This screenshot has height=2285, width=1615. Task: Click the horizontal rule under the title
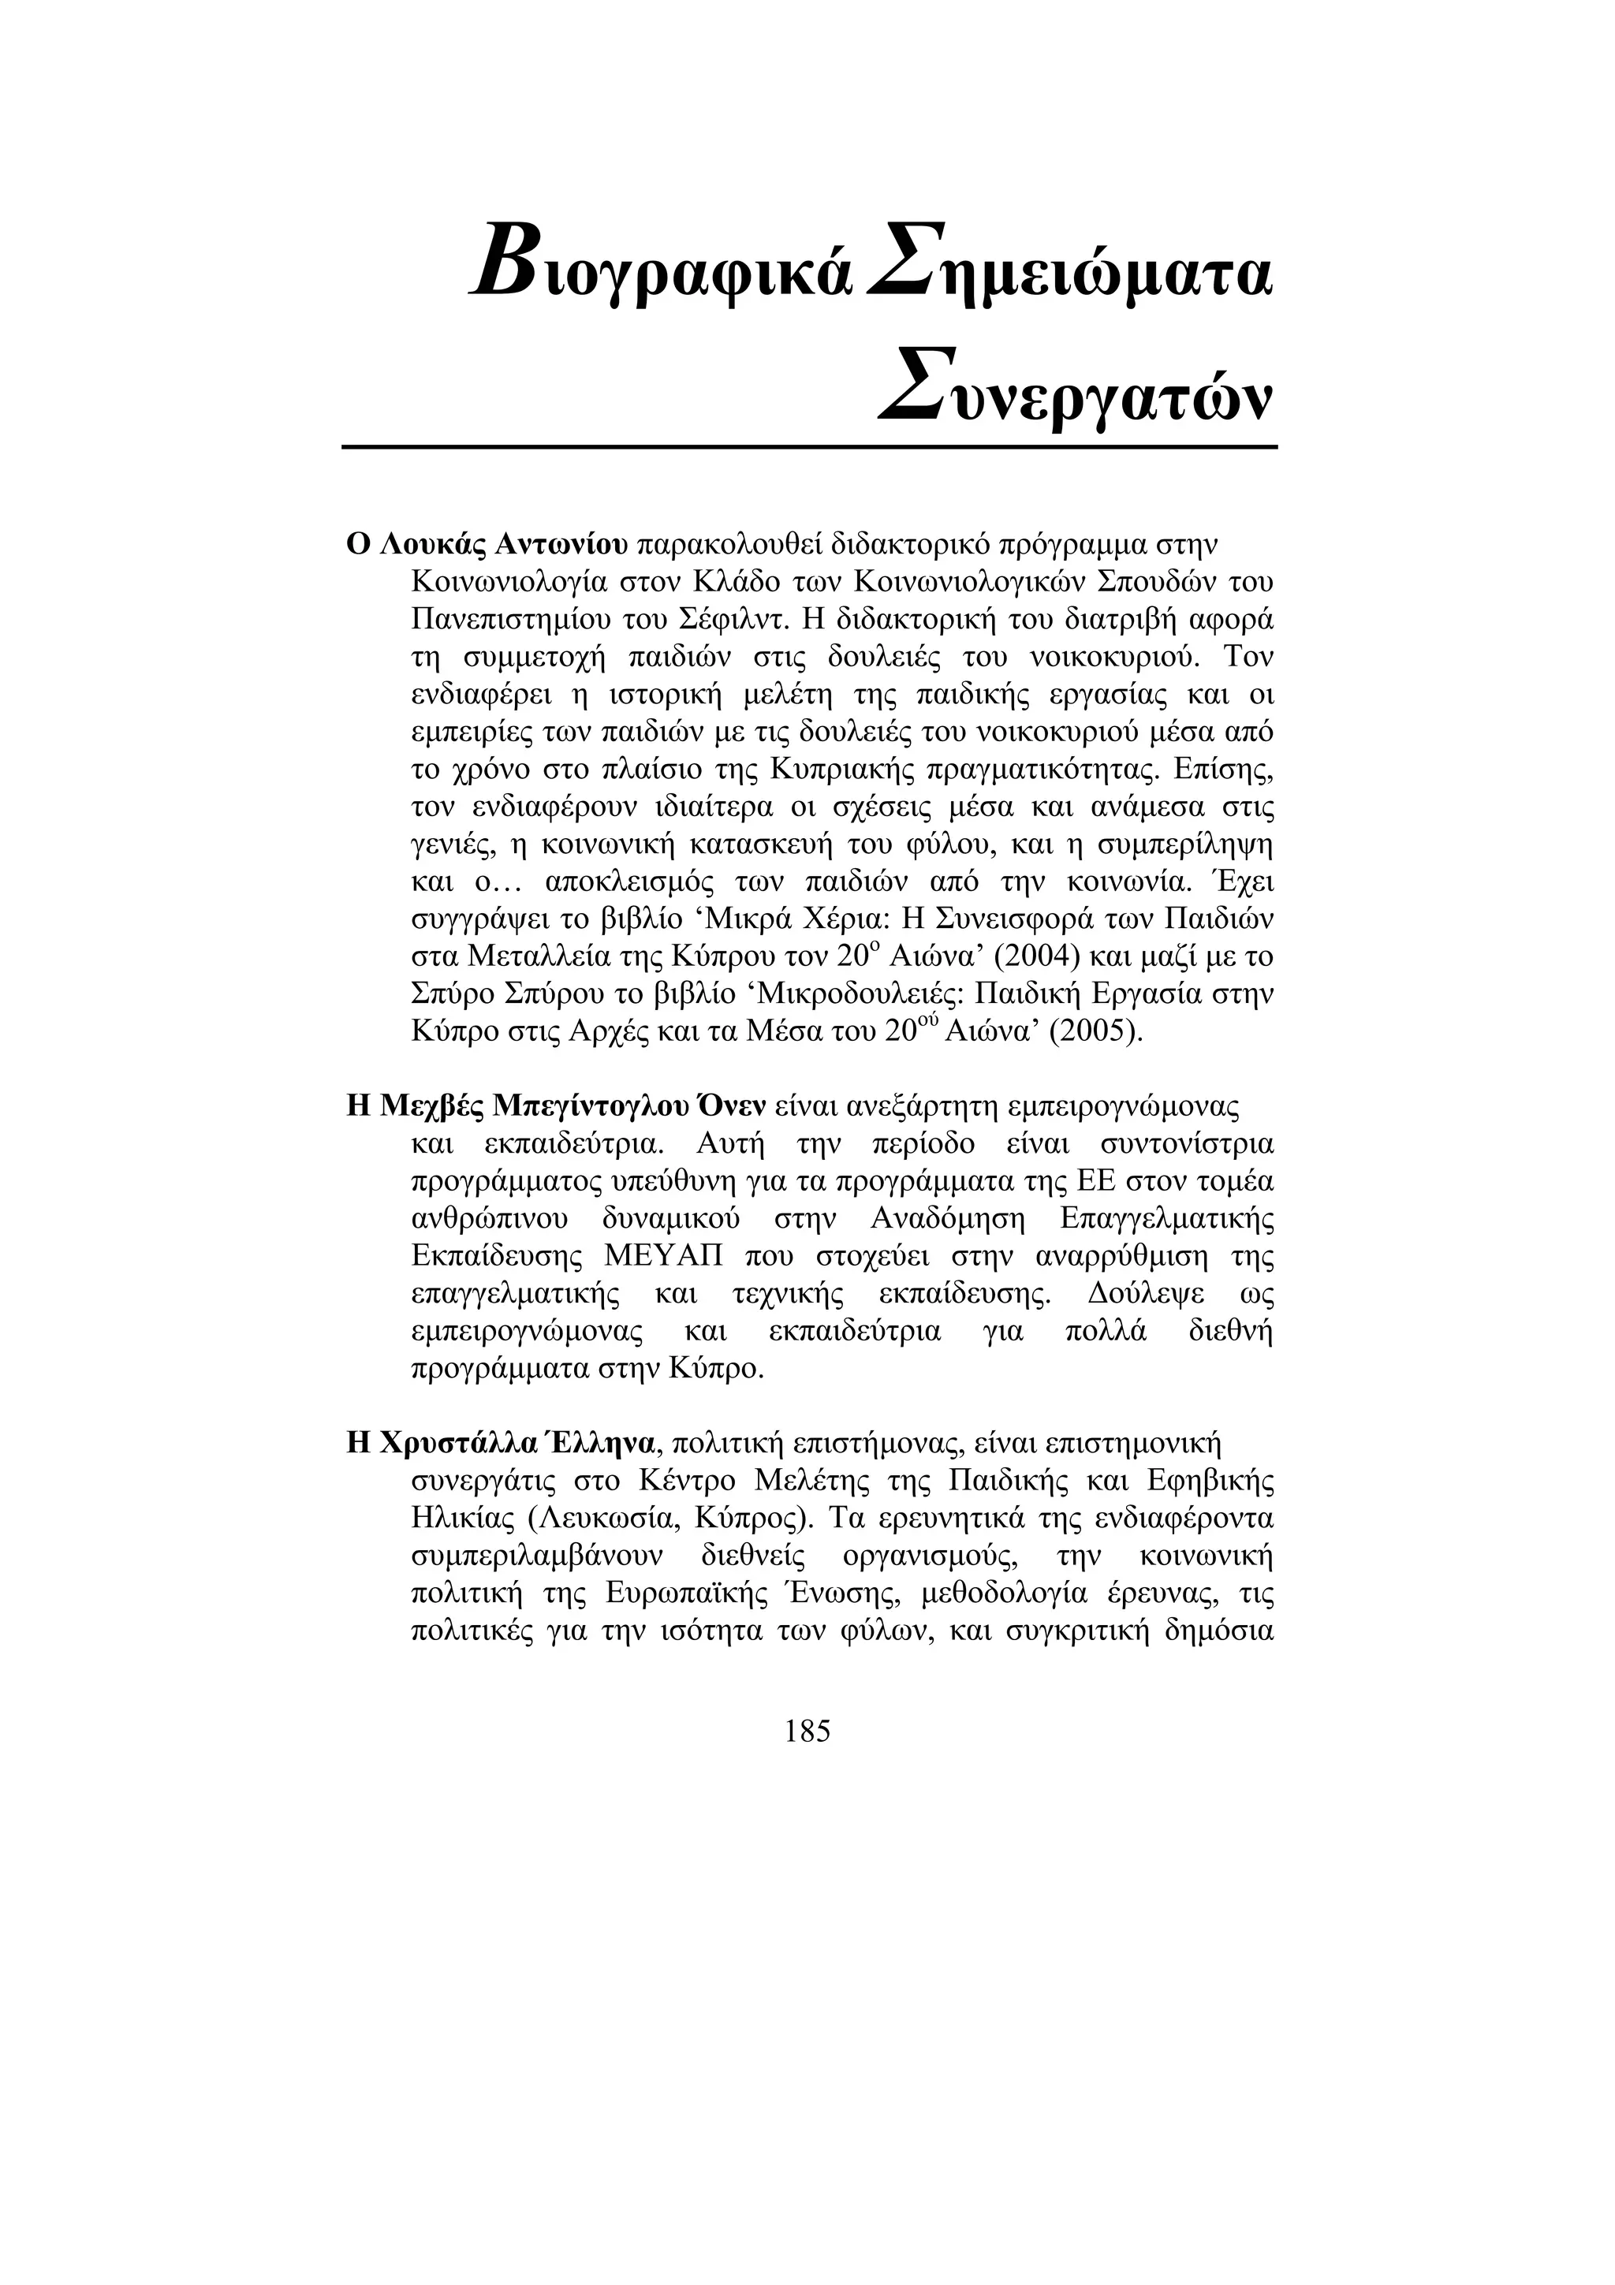tap(808, 447)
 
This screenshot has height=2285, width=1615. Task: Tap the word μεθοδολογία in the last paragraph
tap(1005, 1594)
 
